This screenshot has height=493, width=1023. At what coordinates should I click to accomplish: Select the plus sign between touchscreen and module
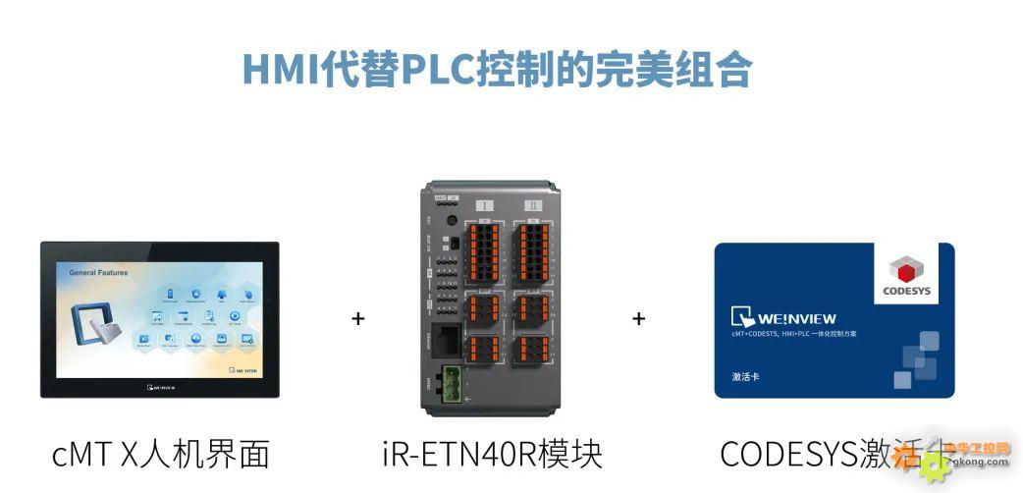tap(357, 319)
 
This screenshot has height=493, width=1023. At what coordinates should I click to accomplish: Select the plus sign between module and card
tap(639, 318)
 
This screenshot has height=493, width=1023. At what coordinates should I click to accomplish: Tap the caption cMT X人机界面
tap(160, 454)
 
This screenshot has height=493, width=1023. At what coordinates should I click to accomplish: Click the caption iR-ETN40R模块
tap(492, 454)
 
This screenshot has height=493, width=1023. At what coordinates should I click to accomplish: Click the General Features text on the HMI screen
tap(98, 272)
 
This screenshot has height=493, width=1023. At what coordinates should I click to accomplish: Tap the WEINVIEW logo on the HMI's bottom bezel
tap(159, 387)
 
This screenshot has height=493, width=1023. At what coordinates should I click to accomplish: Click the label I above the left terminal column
tap(485, 205)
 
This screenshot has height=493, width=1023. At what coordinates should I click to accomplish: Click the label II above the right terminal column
tap(534, 205)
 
